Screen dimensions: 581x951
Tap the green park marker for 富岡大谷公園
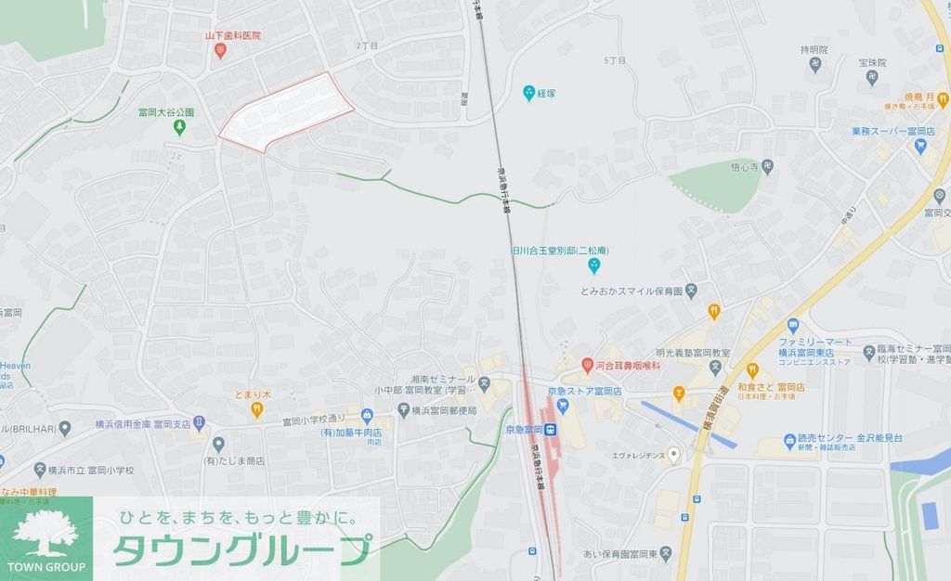tap(180, 127)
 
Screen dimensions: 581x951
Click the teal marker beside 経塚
tap(528, 93)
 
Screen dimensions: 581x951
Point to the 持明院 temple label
tap(813, 49)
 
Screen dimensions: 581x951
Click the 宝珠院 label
tap(872, 62)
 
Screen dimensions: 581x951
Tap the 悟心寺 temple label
tap(745, 167)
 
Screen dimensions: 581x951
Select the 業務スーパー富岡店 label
tap(892, 132)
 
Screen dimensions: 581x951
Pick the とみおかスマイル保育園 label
tap(632, 290)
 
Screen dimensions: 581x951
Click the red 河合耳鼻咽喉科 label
tap(627, 365)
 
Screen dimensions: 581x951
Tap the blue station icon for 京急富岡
tap(551, 430)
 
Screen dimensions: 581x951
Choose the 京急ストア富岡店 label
tap(590, 392)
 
